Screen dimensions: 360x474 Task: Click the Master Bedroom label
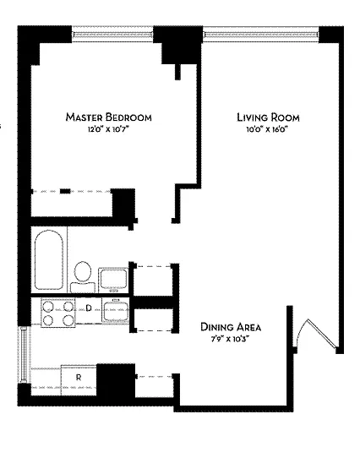tap(108, 117)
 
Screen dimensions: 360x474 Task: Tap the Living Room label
tap(268, 117)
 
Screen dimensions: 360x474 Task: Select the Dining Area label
tap(231, 327)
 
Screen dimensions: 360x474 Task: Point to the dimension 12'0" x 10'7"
tap(108, 129)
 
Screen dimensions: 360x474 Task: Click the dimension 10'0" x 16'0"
tap(267, 129)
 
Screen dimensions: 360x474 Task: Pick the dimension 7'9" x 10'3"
tap(231, 339)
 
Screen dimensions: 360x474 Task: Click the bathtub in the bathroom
tap(49, 260)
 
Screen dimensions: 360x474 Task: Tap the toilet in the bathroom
tap(83, 277)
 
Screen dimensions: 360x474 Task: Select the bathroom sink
tap(113, 280)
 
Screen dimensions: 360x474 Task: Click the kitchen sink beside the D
tap(116, 311)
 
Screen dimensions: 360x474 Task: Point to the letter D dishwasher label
tap(89, 308)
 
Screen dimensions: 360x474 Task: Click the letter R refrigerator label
tap(79, 378)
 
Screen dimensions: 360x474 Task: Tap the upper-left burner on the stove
tap(48, 307)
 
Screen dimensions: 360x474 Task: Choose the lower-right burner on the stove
tap(68, 320)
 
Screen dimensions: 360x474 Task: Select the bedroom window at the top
tap(112, 34)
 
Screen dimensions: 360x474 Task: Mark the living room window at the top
tap(260, 34)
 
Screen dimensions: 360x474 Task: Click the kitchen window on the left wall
tap(25, 355)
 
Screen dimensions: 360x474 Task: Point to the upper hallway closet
tap(154, 281)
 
